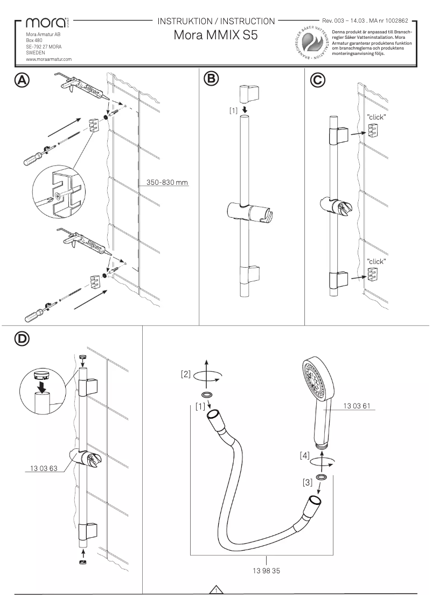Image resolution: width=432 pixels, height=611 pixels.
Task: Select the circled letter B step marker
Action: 211,79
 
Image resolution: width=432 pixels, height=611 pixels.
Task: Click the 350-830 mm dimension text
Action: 168,182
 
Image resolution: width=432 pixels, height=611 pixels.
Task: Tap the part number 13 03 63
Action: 40,468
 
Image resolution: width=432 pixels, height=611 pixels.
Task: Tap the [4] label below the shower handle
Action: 305,456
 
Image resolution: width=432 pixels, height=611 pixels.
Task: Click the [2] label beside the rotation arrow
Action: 186,373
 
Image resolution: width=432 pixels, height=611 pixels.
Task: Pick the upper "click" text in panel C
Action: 377,117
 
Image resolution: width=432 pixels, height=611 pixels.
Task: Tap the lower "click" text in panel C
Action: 377,261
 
